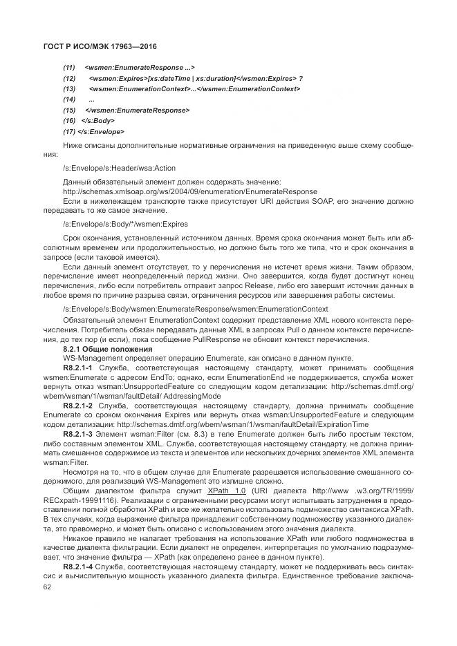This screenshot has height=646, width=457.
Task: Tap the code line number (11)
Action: coord(69,68)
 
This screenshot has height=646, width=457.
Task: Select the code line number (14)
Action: coord(69,99)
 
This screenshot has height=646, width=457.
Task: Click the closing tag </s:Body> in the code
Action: coord(98,120)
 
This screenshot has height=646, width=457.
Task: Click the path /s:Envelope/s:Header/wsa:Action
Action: coord(119,168)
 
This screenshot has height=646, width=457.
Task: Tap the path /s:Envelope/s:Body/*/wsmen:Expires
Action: coord(124,225)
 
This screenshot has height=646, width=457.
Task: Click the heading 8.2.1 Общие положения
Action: coord(102,350)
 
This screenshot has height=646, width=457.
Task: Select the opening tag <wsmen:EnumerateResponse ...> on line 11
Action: coord(140,68)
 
